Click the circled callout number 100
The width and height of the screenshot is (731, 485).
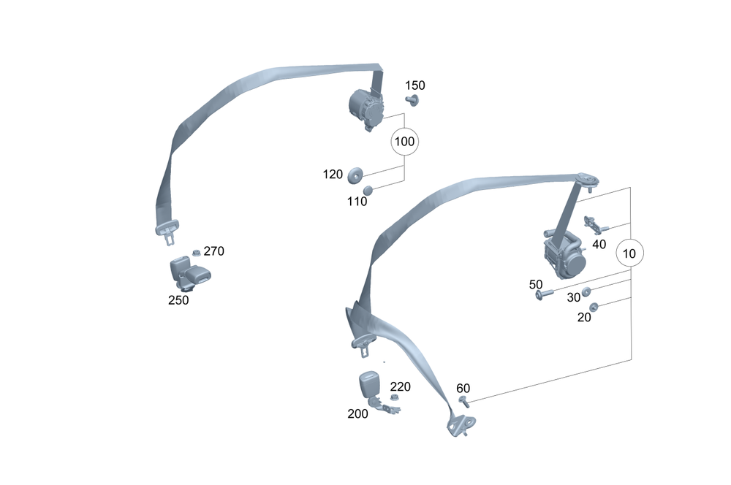coord(404,142)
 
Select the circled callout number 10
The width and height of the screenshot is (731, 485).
coord(630,254)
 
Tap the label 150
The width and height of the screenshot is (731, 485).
coord(414,85)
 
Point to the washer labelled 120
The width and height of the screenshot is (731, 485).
coord(356,175)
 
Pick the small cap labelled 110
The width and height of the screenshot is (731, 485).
coord(368,191)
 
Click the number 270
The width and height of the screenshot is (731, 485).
coord(213,251)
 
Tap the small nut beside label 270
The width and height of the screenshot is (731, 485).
coord(196,253)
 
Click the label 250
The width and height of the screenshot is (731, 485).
coord(178,299)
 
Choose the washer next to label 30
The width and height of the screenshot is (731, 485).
coord(586,291)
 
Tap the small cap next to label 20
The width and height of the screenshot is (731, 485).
coord(594,307)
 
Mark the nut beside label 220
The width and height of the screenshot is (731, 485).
coord(393,397)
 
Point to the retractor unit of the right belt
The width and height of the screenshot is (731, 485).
coord(564,253)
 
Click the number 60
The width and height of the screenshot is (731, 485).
coord(463,387)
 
